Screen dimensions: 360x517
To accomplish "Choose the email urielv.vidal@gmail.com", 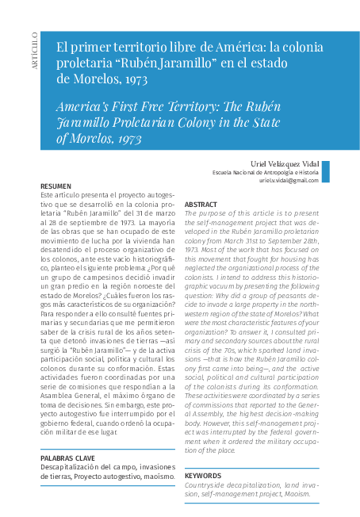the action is coord(289,180).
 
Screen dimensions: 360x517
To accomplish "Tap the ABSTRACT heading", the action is coord(201,205).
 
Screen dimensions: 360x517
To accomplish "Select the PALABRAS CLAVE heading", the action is coord(68,458).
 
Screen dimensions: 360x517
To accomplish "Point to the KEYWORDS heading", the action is coord(203,475).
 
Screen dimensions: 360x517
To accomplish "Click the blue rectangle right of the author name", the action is coord(324,171).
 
